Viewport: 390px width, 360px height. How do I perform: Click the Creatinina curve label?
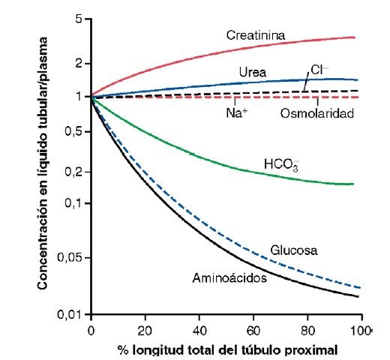click(x=256, y=35)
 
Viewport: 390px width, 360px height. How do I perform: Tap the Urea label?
click(x=253, y=72)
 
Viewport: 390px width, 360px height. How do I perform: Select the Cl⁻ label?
click(x=319, y=70)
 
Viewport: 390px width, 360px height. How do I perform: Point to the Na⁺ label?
click(x=236, y=112)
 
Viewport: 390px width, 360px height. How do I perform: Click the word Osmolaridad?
click(x=317, y=113)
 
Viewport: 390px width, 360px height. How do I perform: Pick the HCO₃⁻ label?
click(x=281, y=165)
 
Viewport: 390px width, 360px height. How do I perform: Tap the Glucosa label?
click(x=294, y=250)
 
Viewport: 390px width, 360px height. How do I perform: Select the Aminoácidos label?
click(x=229, y=278)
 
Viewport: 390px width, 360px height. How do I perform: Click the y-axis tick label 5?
click(x=79, y=19)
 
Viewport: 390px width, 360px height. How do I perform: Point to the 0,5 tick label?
click(x=73, y=131)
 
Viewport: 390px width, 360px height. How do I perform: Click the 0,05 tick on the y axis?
click(x=70, y=257)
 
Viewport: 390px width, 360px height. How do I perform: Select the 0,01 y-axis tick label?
click(x=70, y=314)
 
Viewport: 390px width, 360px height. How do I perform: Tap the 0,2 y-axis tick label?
click(x=73, y=172)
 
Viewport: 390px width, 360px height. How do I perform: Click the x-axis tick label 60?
click(x=253, y=331)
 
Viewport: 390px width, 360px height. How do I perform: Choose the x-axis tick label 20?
click(x=145, y=331)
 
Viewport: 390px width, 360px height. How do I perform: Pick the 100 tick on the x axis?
click(x=360, y=331)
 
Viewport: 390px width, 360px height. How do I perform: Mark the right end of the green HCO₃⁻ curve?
click(x=353, y=184)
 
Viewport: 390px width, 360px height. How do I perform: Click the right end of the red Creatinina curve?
click(x=355, y=37)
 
